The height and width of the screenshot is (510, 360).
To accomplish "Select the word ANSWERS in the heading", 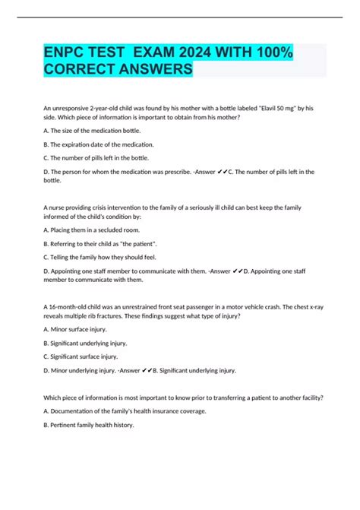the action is [x=149, y=69].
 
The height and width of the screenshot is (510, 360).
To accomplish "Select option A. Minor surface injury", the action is [x=75, y=328].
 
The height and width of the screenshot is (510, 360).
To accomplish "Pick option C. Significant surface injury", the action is [x=80, y=356].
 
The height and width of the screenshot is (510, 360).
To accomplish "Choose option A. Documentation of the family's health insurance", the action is [x=120, y=411].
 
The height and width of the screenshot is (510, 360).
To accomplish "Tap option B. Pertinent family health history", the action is [x=88, y=425].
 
